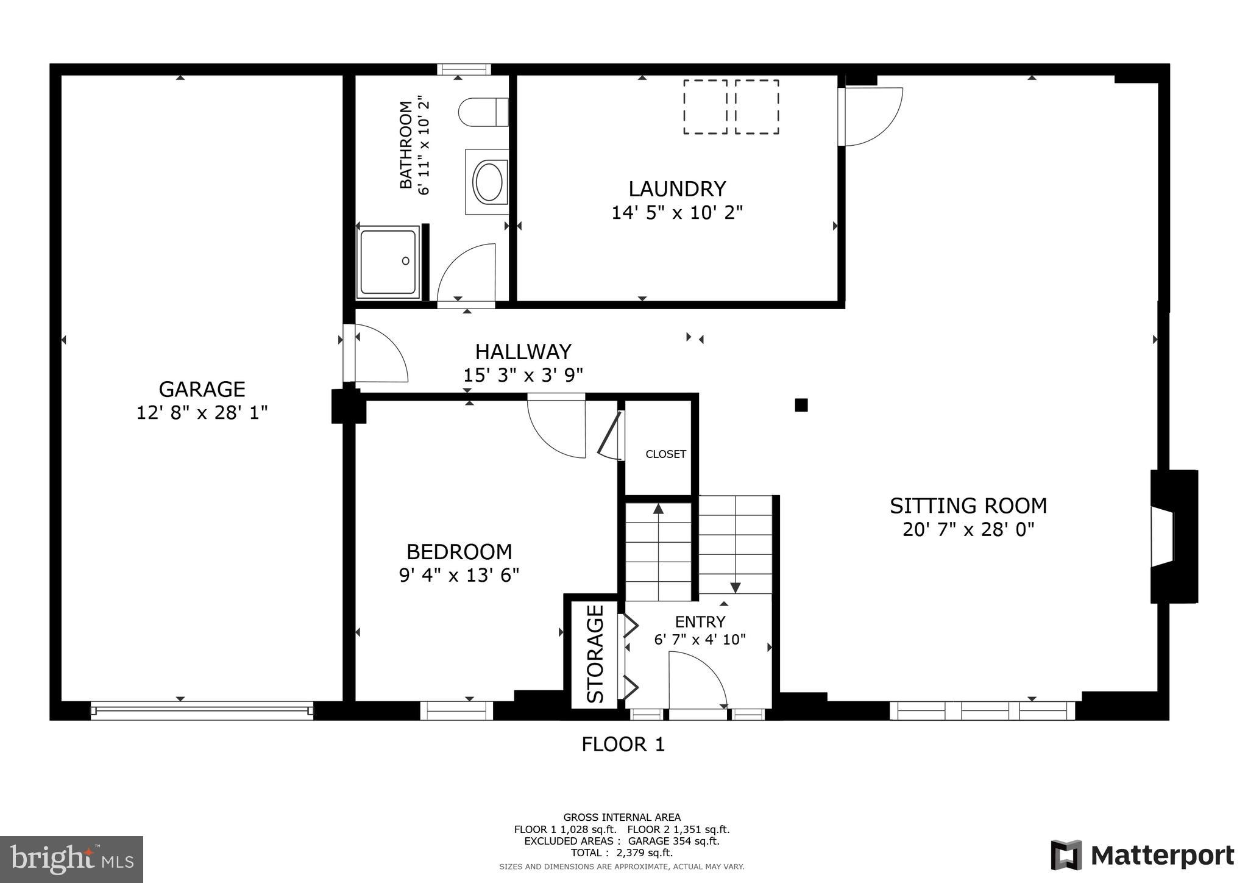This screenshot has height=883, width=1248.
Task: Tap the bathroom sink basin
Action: [x=488, y=182]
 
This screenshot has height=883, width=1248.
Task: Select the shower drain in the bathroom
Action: [x=406, y=261]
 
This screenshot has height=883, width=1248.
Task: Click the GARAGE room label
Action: [x=202, y=389]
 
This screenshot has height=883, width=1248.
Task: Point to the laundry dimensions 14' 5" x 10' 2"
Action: [x=677, y=213]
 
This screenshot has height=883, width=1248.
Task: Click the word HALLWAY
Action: [x=523, y=352]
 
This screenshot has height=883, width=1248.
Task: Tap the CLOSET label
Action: [x=665, y=454]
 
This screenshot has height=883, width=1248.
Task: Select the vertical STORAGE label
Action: [x=595, y=653]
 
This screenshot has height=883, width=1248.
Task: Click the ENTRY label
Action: [x=700, y=622]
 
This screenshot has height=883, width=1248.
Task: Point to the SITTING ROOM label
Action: [x=968, y=506]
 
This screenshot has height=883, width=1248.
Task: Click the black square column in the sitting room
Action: [x=801, y=405]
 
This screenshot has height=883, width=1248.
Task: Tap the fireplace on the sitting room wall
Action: [x=1172, y=537]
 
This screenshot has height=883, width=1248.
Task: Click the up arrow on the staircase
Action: [x=658, y=509]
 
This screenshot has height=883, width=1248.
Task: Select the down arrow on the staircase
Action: [x=735, y=587]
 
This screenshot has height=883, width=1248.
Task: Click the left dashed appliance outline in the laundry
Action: [x=705, y=107]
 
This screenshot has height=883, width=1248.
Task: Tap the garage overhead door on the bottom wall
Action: [x=202, y=710]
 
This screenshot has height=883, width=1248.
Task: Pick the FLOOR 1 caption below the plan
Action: [x=623, y=745]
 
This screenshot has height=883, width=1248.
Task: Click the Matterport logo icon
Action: [x=1066, y=855]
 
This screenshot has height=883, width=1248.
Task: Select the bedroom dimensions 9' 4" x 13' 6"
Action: [x=459, y=576]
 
